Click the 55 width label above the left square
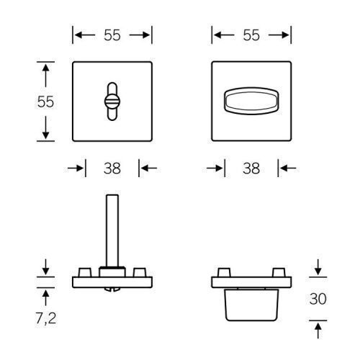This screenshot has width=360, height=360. (112, 35)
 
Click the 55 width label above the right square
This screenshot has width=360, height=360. (251, 35)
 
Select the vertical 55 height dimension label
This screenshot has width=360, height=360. (45, 102)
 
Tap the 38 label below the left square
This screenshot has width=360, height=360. (112, 168)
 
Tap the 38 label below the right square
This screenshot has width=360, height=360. (251, 168)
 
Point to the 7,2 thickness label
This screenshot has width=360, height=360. (46, 319)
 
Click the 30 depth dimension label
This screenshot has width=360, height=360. (318, 299)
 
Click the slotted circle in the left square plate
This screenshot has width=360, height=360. (112, 102)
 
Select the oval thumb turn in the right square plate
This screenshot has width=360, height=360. (251, 101)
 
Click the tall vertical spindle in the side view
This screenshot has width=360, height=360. (112, 231)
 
